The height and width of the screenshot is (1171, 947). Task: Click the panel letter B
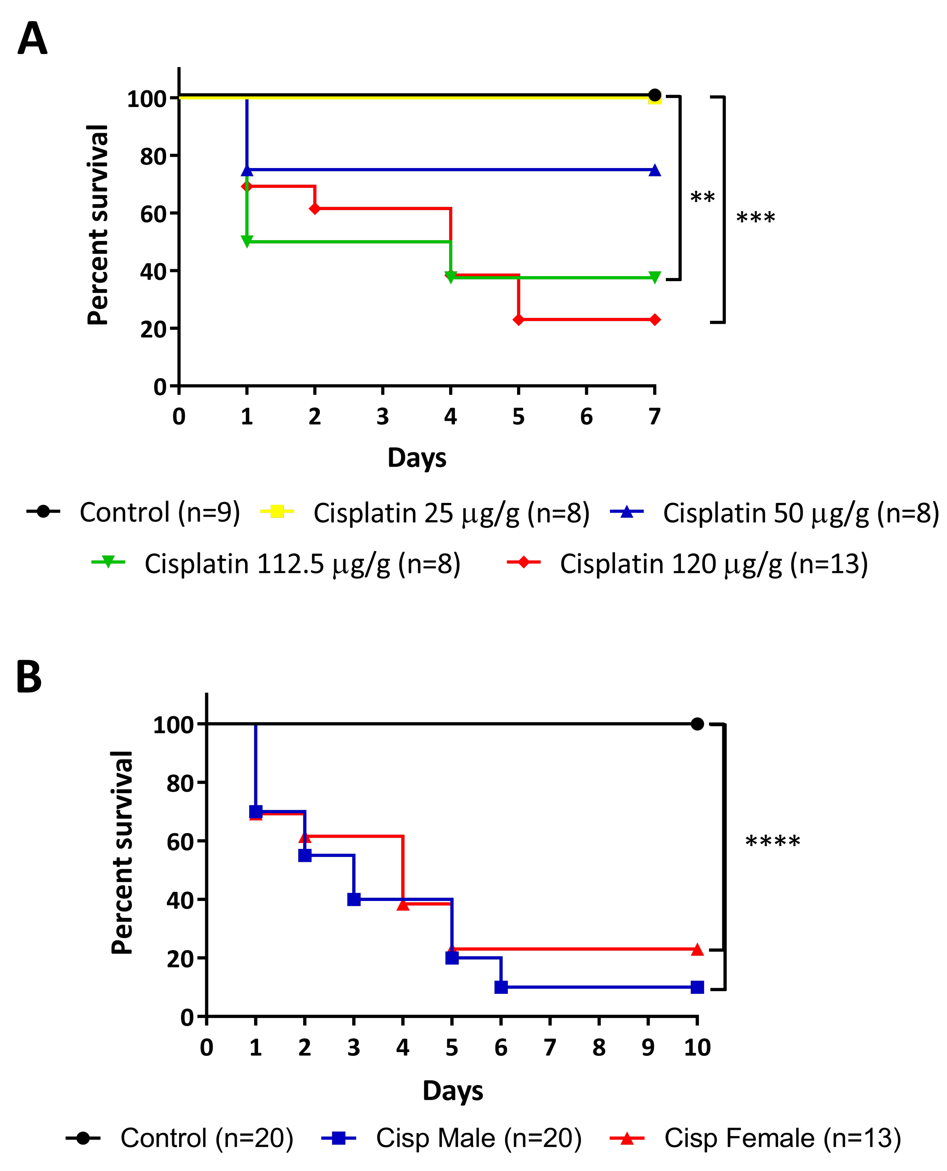coord(29,676)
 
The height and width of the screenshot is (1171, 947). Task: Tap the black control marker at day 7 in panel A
coord(655,95)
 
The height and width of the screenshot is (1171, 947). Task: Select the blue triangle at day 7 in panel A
coord(655,170)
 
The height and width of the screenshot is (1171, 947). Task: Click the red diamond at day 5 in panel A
coord(518,319)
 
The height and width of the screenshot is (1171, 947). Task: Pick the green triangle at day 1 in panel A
coord(247,241)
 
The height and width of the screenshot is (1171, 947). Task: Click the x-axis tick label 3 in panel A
coord(382,417)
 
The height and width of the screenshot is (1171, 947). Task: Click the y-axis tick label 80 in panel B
coord(180,783)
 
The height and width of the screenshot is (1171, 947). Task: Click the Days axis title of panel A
coord(417,457)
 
